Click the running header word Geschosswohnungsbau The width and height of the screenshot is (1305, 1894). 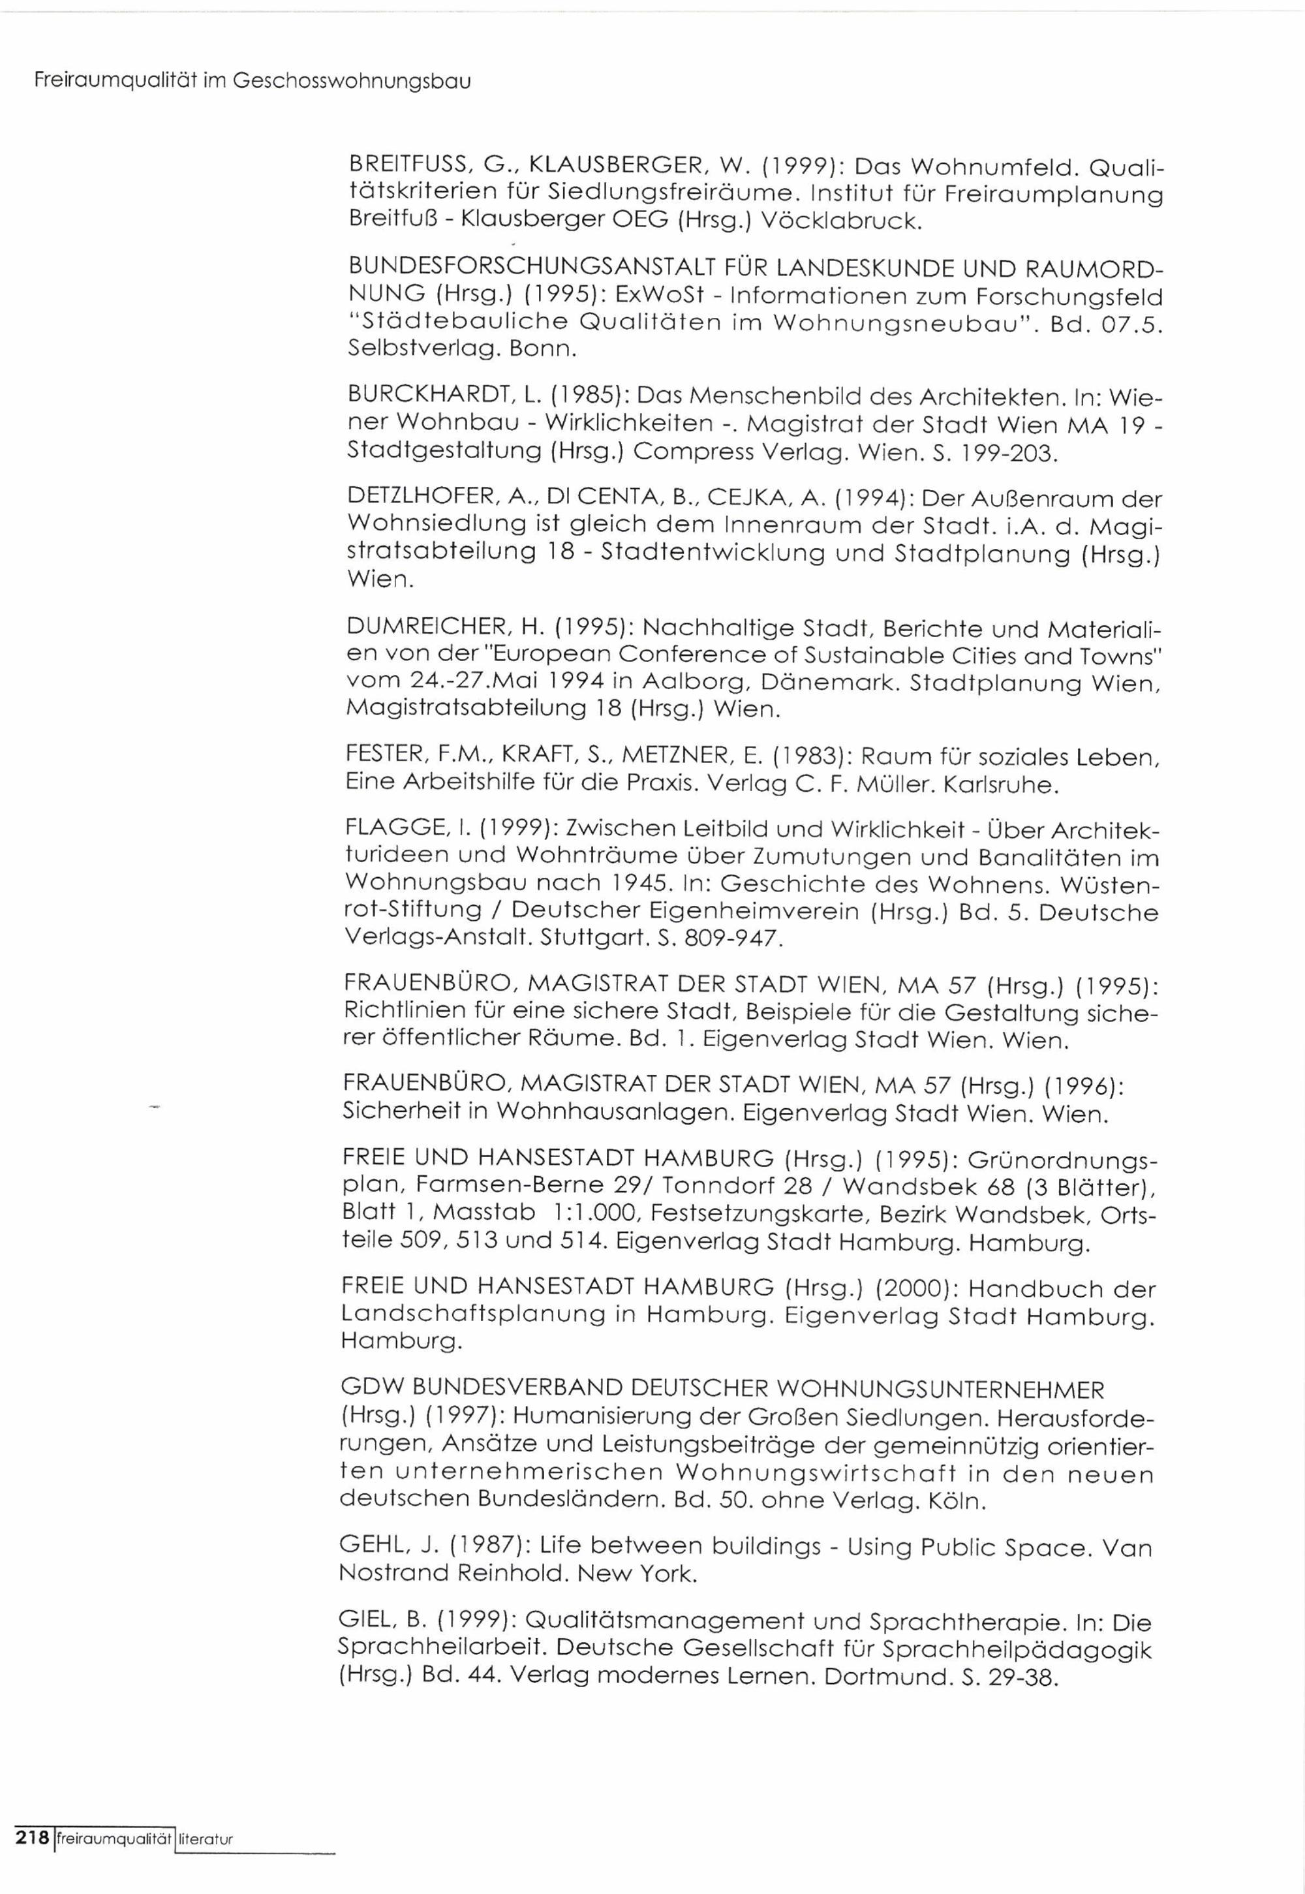352,82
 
